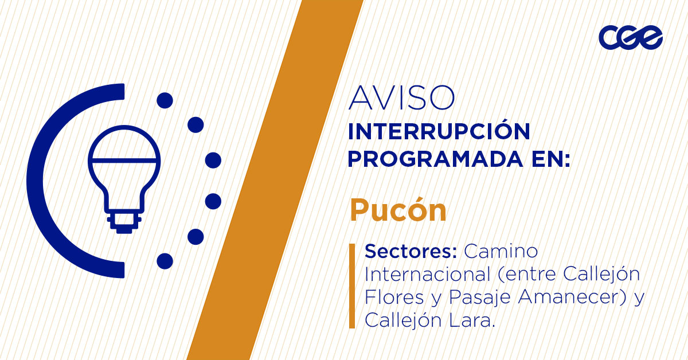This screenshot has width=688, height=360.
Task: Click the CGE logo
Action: [630, 38]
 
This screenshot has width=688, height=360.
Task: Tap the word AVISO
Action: [401, 99]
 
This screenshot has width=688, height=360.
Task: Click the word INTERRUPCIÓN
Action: [439, 131]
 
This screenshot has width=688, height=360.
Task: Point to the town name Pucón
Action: [398, 211]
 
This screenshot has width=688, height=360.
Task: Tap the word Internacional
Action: [424, 274]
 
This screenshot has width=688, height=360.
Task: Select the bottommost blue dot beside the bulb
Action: [165, 261]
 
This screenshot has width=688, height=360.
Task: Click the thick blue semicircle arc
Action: [40, 181]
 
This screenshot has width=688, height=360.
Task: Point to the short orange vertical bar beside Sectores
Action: [351, 285]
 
